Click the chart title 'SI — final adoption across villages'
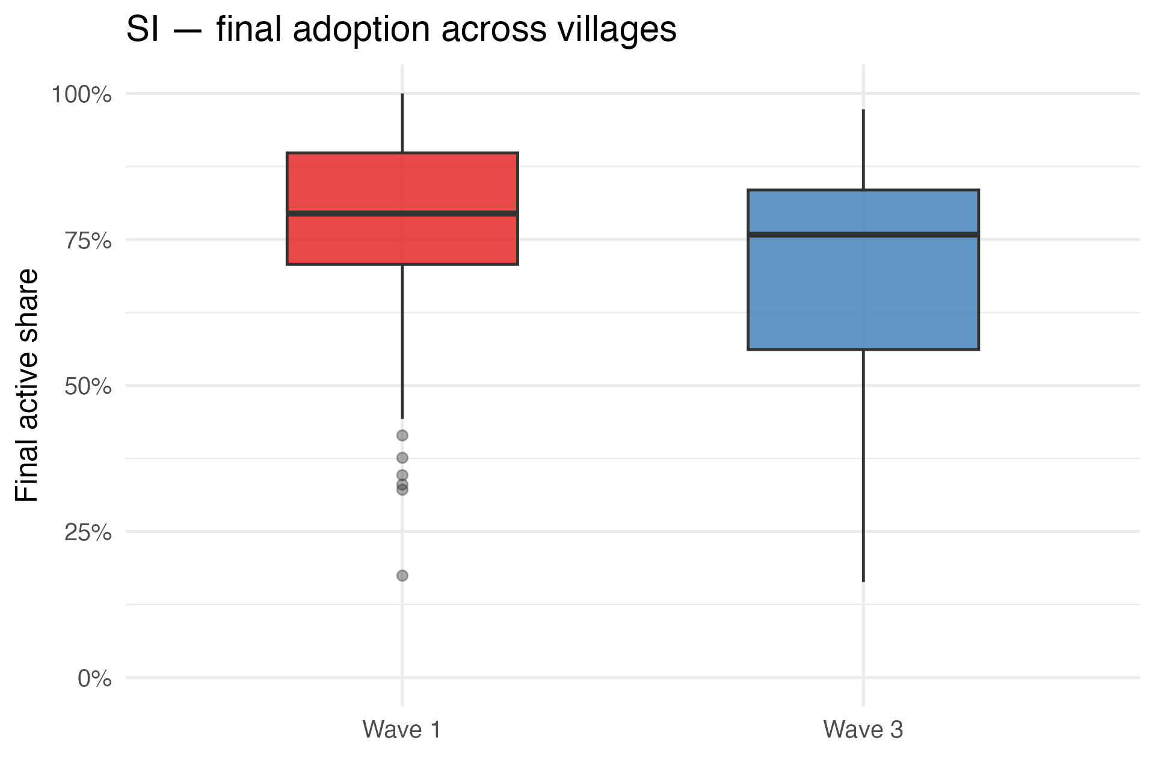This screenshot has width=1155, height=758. (401, 29)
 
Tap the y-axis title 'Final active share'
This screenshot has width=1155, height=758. (27, 385)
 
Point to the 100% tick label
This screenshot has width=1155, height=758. (81, 94)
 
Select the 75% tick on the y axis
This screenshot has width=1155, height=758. (88, 241)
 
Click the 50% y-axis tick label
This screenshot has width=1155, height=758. (88, 387)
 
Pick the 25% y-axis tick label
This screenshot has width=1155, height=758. (88, 533)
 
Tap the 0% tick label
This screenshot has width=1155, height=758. (94, 679)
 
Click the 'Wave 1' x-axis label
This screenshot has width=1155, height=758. (402, 730)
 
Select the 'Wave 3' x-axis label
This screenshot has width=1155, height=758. (863, 730)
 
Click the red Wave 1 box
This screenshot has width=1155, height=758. (402, 180)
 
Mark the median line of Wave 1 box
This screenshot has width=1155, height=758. (402, 214)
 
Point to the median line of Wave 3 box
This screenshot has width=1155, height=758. (863, 235)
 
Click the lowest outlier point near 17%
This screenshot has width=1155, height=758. (402, 576)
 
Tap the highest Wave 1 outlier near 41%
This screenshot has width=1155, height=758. (402, 435)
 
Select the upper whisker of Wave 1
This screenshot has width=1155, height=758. (402, 123)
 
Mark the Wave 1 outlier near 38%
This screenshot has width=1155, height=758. (402, 458)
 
